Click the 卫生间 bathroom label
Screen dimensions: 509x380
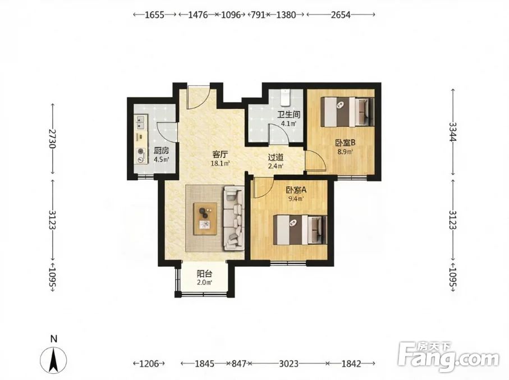[x=288, y=115]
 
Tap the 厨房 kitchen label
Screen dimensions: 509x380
[x=161, y=150]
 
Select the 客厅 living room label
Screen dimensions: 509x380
[x=220, y=154]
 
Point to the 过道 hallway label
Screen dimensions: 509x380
[x=276, y=158]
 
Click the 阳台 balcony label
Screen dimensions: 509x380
[x=204, y=274]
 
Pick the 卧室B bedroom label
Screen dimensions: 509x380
[x=345, y=143]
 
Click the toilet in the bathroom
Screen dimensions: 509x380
[x=285, y=97]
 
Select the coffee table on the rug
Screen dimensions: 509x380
[x=205, y=218]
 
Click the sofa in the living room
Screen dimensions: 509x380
[x=233, y=218]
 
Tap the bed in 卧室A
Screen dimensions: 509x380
[x=300, y=230]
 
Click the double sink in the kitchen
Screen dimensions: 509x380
[x=141, y=122]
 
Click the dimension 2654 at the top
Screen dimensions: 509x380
[x=341, y=15]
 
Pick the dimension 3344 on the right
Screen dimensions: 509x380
[x=453, y=131]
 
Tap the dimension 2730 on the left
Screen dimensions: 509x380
[x=53, y=139]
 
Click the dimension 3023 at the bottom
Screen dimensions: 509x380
[x=289, y=363]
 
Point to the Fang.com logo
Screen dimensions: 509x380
[x=448, y=356]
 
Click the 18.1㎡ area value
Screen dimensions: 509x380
[x=221, y=163]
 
